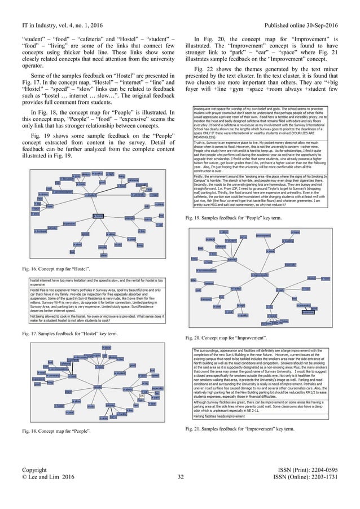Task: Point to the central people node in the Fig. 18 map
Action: (98, 387)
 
